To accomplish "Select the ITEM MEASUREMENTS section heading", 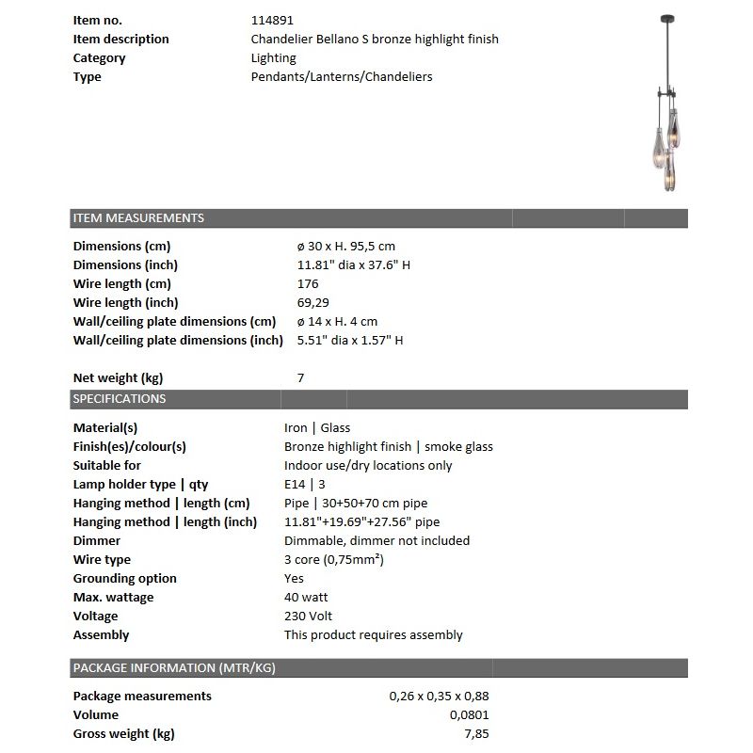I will pos(138,218).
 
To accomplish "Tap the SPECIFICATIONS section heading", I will pos(120,399).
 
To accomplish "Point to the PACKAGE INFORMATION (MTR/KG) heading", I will pos(174,668).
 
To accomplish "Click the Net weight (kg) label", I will pos(118,378).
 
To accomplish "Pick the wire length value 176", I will pos(308,284).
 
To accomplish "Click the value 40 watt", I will pos(306,598).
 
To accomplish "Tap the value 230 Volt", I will pos(309,617).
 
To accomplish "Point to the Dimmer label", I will pos(97,541).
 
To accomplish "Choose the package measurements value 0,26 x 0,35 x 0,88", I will pos(439,697).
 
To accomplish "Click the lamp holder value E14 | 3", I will pos(306,485).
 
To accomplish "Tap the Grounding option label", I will pos(125,579).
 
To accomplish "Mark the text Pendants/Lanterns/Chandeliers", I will pos(342,77).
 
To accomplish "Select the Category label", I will pos(100,58).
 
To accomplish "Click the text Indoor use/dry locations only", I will pos(368,466).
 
